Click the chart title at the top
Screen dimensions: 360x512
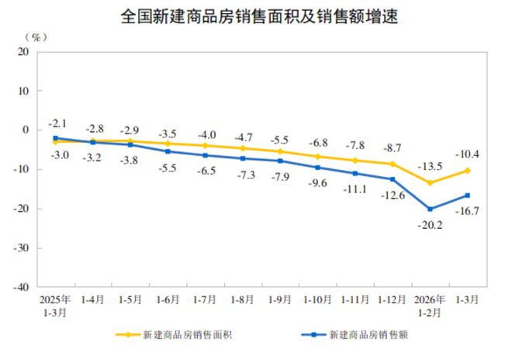click(x=255, y=15)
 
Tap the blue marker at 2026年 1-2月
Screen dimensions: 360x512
click(x=430, y=209)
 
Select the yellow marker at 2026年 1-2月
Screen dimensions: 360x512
click(x=430, y=183)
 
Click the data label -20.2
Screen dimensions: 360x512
click(x=430, y=227)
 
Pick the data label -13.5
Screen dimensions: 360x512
click(x=430, y=166)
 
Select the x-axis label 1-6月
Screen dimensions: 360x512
click(x=168, y=298)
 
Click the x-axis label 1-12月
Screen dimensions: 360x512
click(x=392, y=298)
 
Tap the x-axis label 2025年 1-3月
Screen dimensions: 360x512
click(x=55, y=304)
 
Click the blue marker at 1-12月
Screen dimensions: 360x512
click(x=392, y=179)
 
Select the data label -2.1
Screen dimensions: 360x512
click(x=58, y=123)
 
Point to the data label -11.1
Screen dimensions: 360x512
click(x=356, y=189)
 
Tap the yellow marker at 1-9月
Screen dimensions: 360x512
click(x=280, y=151)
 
